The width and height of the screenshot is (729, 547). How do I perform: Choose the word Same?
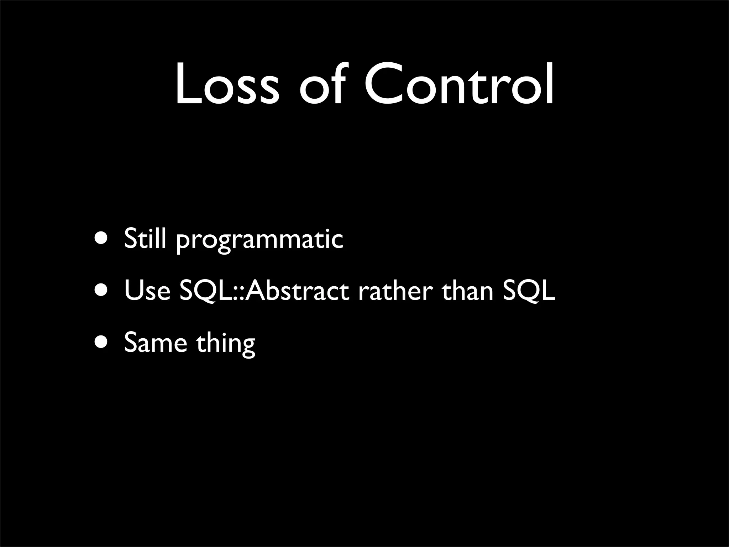[156, 343]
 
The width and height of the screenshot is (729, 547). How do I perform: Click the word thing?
[225, 344]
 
